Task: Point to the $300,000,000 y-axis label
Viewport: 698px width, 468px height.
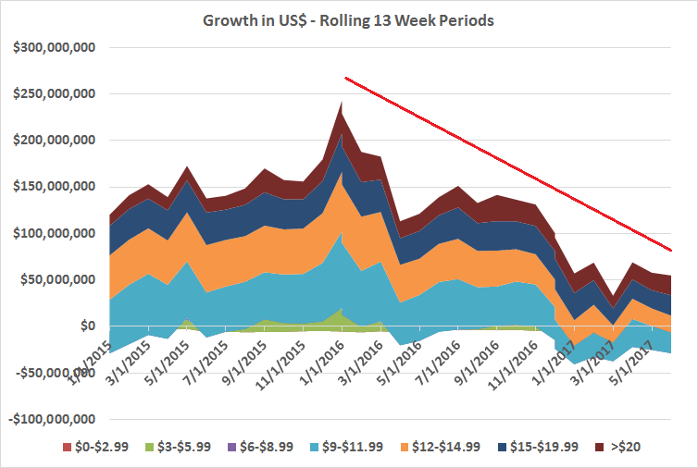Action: (57, 47)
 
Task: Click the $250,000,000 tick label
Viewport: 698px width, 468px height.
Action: (57, 93)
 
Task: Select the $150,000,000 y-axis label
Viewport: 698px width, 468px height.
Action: (57, 187)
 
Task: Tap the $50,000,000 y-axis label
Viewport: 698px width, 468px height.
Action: (61, 280)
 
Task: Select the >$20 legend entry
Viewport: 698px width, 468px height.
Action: (635, 448)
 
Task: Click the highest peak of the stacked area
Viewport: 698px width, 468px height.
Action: (342, 103)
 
